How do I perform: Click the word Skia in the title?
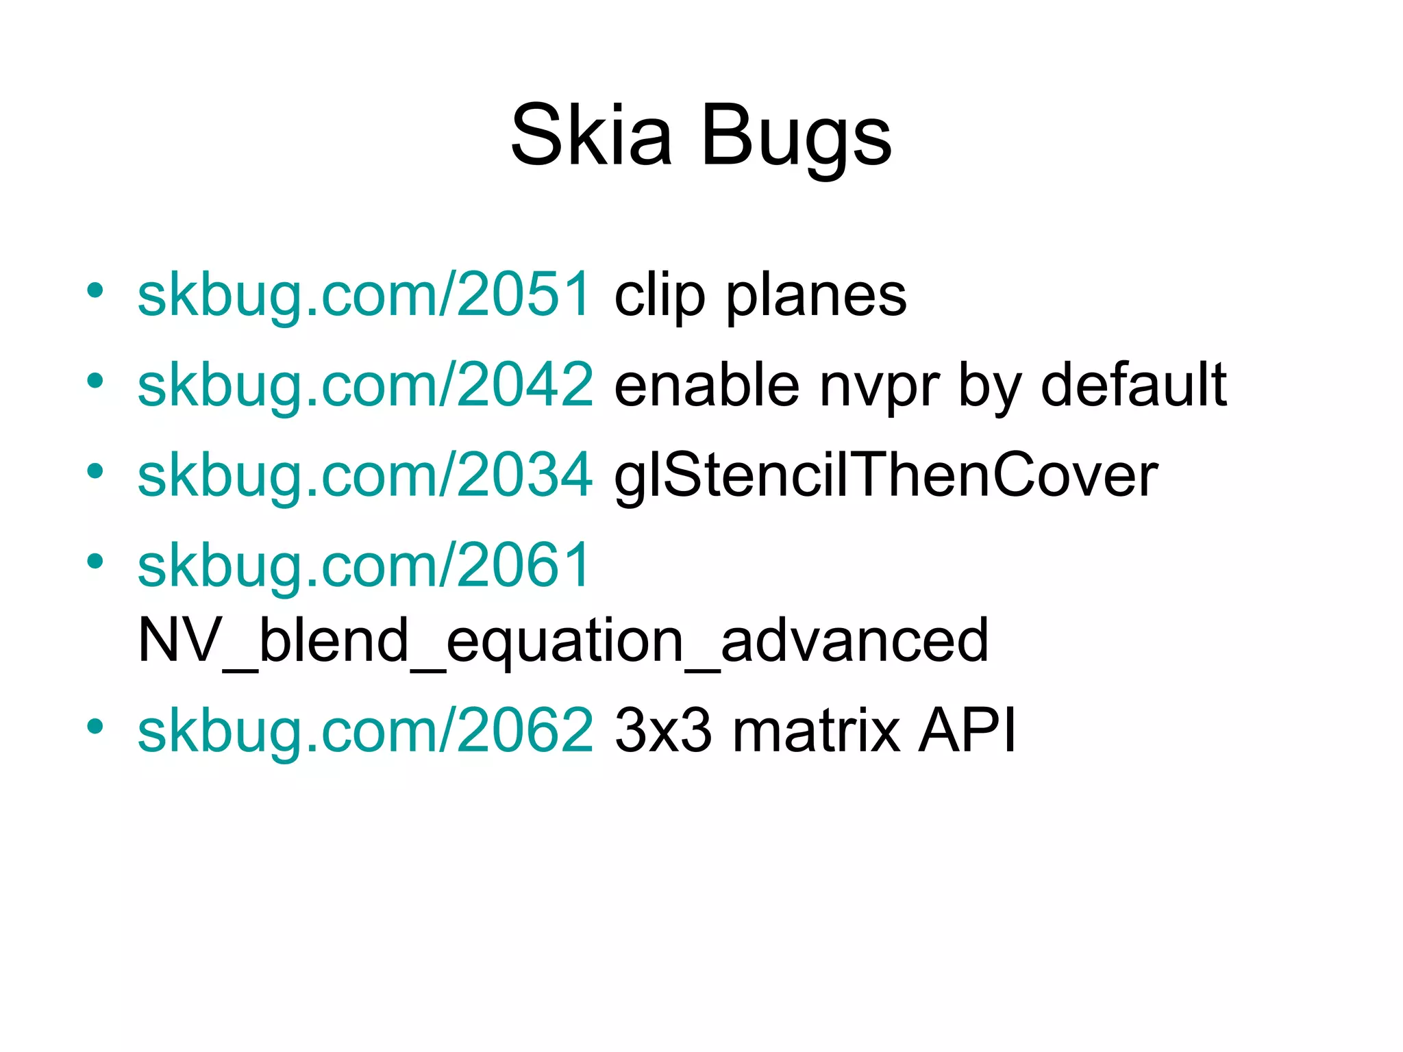(x=591, y=134)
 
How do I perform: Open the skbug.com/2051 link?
(x=364, y=295)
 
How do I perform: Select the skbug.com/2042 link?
(x=364, y=386)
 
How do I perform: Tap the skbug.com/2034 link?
(x=364, y=475)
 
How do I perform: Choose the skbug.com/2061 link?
(x=364, y=566)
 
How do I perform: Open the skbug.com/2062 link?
(x=364, y=731)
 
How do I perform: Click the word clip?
(x=659, y=297)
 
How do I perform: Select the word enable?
(x=706, y=386)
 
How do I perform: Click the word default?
(x=1133, y=386)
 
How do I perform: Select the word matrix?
(x=816, y=731)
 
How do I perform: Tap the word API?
(x=967, y=731)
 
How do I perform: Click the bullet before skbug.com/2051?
(x=95, y=290)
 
